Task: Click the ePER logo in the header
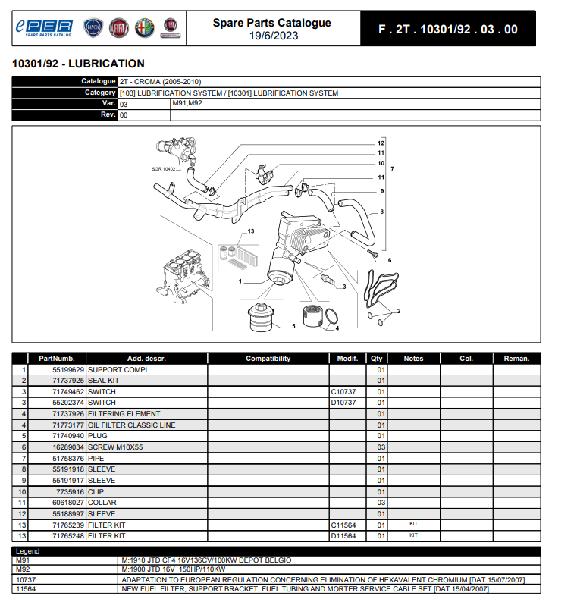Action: pos(44,28)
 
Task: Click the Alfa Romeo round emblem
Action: pos(145,28)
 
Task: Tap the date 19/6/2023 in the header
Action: pos(274,36)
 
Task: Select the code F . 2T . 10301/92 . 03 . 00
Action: pos(448,29)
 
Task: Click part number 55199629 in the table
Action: pos(68,370)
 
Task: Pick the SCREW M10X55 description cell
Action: pos(115,447)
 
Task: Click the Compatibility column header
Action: pos(268,359)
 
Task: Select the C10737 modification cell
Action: pos(343,391)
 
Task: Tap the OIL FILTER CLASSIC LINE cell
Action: pos(131,425)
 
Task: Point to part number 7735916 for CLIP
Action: pos(70,491)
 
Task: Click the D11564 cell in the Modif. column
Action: pos(343,536)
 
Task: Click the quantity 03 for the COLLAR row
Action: pos(381,503)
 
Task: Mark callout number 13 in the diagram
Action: pos(251,231)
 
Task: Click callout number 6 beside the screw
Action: pos(390,260)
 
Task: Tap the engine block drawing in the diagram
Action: pos(183,277)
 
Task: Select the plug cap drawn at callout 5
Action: pos(261,317)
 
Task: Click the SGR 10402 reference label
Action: pos(164,169)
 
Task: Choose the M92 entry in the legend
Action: pos(23,569)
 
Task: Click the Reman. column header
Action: pos(516,359)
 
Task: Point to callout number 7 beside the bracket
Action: pos(393,169)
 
